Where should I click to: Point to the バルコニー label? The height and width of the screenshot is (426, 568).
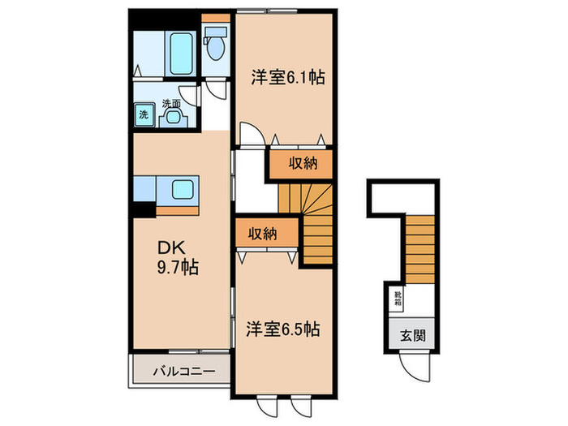click(x=184, y=372)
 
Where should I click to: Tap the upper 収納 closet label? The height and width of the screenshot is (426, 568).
click(x=302, y=164)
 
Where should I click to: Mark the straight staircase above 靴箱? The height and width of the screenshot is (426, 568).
click(x=420, y=244)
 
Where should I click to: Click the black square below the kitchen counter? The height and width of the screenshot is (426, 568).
click(x=144, y=208)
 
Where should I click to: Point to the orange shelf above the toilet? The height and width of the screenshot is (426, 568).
click(x=216, y=17)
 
